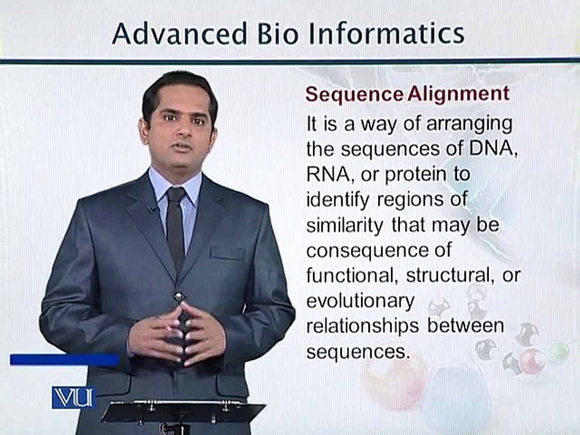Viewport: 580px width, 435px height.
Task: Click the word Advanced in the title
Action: coord(179,34)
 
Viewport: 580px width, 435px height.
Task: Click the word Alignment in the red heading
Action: coord(459,94)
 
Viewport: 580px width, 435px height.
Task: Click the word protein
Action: coord(416,175)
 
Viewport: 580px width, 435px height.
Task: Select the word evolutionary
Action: coord(360,302)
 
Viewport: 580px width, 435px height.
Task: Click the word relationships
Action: coord(362,327)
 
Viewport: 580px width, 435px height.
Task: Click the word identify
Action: coord(338,201)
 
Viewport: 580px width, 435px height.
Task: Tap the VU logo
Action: coord(74,398)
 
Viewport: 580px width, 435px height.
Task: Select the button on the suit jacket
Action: coord(178,297)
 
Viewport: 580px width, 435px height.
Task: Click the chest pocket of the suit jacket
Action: coord(228,253)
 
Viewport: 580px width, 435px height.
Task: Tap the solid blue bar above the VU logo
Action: coord(65,360)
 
